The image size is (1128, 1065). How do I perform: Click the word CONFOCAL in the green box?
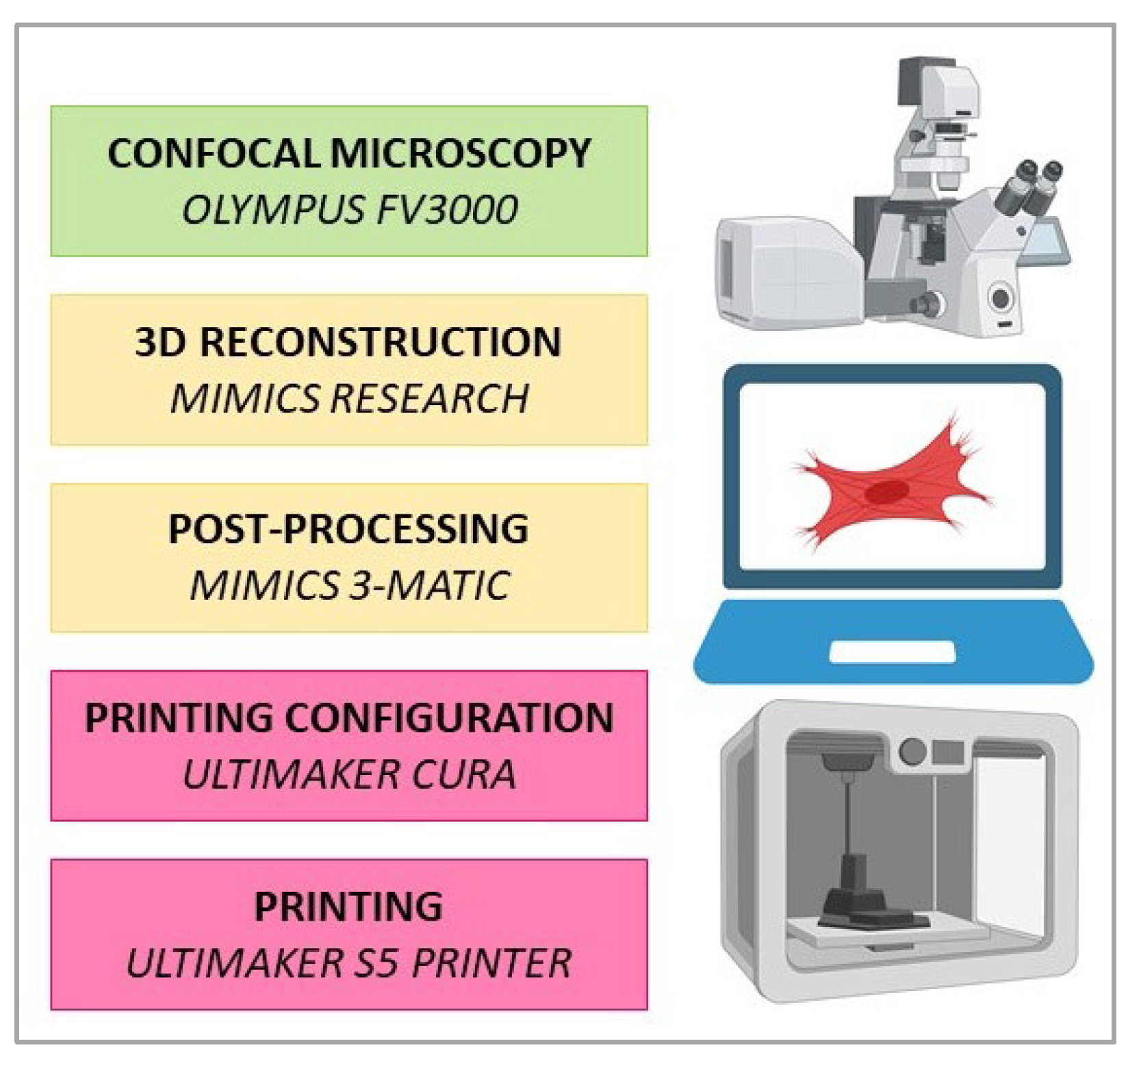pyautogui.click(x=214, y=153)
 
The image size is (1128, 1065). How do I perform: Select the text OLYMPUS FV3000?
pyautogui.click(x=349, y=209)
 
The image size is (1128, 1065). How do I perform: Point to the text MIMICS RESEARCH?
pyautogui.click(x=349, y=398)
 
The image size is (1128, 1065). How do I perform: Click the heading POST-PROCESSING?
pyautogui.click(x=348, y=529)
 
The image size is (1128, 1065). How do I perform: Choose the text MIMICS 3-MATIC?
pyautogui.click(x=349, y=586)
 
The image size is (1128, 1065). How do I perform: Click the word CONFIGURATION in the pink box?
pyautogui.click(x=448, y=718)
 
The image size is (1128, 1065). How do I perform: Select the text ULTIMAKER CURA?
pyautogui.click(x=349, y=774)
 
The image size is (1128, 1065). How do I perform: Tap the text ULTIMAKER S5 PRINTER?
pyautogui.click(x=349, y=963)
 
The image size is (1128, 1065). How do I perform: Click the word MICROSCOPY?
pyautogui.click(x=460, y=153)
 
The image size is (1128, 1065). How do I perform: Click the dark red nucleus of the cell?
pyautogui.click(x=887, y=491)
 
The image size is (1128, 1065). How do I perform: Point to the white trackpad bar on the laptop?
pyautogui.click(x=891, y=651)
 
